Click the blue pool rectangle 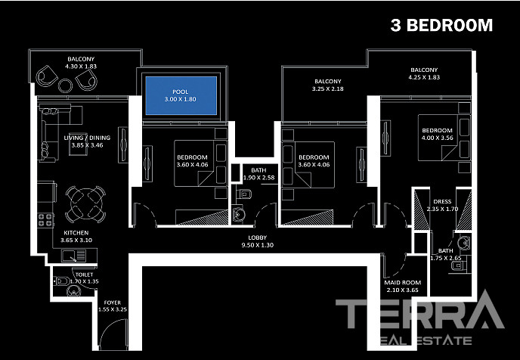[181, 95]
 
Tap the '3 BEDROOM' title [441, 25]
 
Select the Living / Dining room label [87, 141]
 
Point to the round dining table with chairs [85, 203]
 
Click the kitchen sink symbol [74, 256]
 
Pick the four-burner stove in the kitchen [46, 220]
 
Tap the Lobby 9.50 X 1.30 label [258, 241]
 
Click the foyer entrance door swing [113, 334]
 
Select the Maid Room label [403, 287]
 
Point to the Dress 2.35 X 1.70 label [442, 206]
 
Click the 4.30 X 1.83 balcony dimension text [81, 67]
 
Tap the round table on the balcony [65, 85]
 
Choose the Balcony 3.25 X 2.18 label [328, 85]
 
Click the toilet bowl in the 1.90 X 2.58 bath [244, 194]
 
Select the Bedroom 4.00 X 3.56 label [437, 134]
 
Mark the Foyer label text [113, 303]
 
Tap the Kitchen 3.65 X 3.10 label [76, 236]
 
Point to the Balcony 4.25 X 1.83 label [424, 73]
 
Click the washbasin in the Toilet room [73, 291]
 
